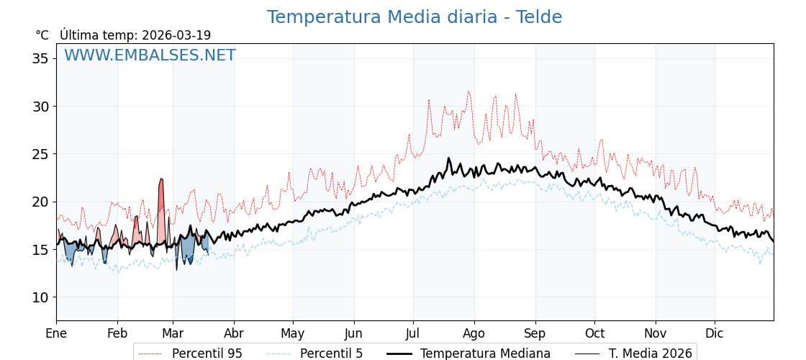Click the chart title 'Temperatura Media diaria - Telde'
(414, 17)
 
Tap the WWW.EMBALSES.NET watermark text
(150, 55)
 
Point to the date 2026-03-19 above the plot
(176, 35)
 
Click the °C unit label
(42, 35)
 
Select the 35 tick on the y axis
(40, 58)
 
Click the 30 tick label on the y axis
(40, 107)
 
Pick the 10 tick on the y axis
(40, 297)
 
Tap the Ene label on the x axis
(56, 333)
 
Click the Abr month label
(234, 333)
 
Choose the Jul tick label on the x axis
(413, 333)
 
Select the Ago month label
(474, 333)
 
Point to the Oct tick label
(594, 333)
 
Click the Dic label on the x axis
(715, 333)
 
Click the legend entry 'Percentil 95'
(207, 354)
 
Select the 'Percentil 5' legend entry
(331, 354)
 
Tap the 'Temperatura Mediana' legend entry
(485, 354)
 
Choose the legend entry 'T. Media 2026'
(650, 354)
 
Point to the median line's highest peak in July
(448, 159)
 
